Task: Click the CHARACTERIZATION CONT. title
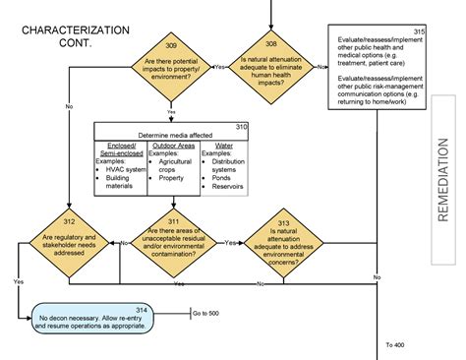click(75, 37)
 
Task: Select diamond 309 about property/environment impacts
click(171, 70)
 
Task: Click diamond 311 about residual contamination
click(171, 242)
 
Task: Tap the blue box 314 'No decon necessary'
click(92, 319)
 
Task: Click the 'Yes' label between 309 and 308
click(218, 67)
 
